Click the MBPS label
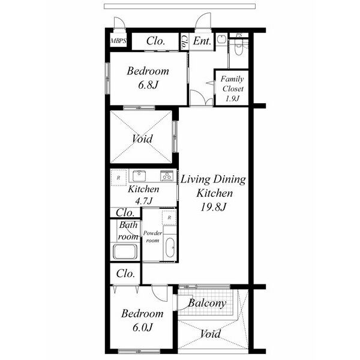(118, 41)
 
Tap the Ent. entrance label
(202, 41)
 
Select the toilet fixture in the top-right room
(239, 47)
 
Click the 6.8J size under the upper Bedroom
(148, 85)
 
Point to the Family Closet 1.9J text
(232, 89)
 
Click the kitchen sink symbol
(139, 176)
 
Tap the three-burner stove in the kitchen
(167, 176)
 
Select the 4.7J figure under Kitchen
(144, 201)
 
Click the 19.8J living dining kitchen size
(214, 207)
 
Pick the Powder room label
(152, 237)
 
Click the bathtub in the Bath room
(125, 251)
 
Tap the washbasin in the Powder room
(170, 247)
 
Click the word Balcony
(207, 303)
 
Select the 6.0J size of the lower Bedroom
(143, 328)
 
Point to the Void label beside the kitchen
(142, 139)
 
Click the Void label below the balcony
(211, 334)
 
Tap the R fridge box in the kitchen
(118, 178)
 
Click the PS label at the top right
(239, 35)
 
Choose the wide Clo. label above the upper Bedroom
(155, 41)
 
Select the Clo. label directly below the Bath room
(125, 274)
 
